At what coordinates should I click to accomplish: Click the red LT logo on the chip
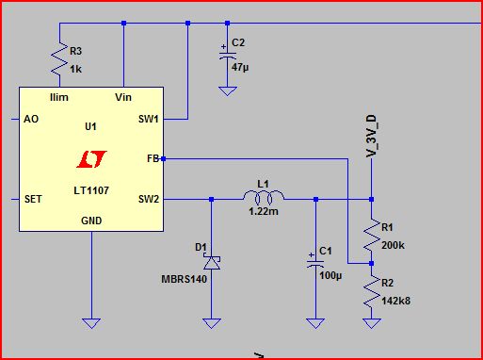[91, 159]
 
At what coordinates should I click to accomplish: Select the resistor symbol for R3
[59, 58]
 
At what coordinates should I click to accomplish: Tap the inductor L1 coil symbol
[264, 197]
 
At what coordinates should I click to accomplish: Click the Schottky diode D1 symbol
[212, 262]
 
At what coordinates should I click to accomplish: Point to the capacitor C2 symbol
[228, 56]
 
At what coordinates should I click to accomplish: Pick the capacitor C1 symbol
[315, 264]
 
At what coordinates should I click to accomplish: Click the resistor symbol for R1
[372, 235]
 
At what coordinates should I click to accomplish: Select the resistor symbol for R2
[372, 291]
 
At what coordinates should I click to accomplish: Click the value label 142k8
[395, 301]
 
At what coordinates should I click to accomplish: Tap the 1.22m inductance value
[264, 211]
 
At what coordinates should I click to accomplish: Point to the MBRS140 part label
[185, 279]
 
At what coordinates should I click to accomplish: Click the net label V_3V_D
[372, 136]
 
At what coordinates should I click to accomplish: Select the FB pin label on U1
[153, 159]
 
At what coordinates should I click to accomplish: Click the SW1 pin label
[149, 119]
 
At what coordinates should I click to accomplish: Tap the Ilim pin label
[59, 97]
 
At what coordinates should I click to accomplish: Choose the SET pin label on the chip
[33, 199]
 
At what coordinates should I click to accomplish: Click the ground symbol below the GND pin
[91, 323]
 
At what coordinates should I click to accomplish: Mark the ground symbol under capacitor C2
[228, 91]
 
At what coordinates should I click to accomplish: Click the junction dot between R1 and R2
[372, 263]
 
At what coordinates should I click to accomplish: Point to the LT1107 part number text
[91, 190]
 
